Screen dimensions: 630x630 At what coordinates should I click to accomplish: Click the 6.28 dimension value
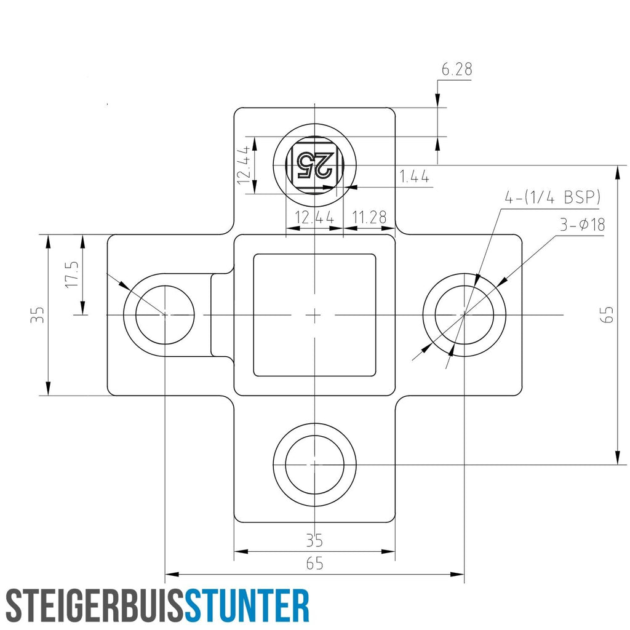[457, 69]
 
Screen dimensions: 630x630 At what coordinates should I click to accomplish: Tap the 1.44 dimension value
[414, 177]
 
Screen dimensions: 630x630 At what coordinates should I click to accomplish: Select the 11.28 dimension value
[369, 217]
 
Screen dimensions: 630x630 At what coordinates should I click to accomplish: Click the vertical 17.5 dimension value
[73, 274]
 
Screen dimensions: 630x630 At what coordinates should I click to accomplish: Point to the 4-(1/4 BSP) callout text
[552, 197]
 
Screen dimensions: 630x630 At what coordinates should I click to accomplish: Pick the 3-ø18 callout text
[583, 225]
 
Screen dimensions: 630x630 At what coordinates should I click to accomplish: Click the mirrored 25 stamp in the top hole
[314, 165]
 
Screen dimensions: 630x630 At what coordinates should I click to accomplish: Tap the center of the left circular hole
[165, 314]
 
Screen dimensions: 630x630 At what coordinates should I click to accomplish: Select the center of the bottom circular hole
[314, 465]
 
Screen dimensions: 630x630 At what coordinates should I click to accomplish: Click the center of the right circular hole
[465, 314]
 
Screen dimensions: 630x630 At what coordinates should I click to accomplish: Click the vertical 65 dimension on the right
[608, 314]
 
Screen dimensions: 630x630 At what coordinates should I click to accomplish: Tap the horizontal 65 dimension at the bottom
[314, 564]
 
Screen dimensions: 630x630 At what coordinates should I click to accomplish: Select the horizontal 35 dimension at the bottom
[314, 541]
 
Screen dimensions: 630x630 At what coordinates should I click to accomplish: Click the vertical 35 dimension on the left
[38, 314]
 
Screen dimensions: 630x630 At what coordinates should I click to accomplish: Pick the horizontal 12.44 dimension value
[314, 217]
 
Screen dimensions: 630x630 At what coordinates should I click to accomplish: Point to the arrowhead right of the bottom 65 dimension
[457, 574]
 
